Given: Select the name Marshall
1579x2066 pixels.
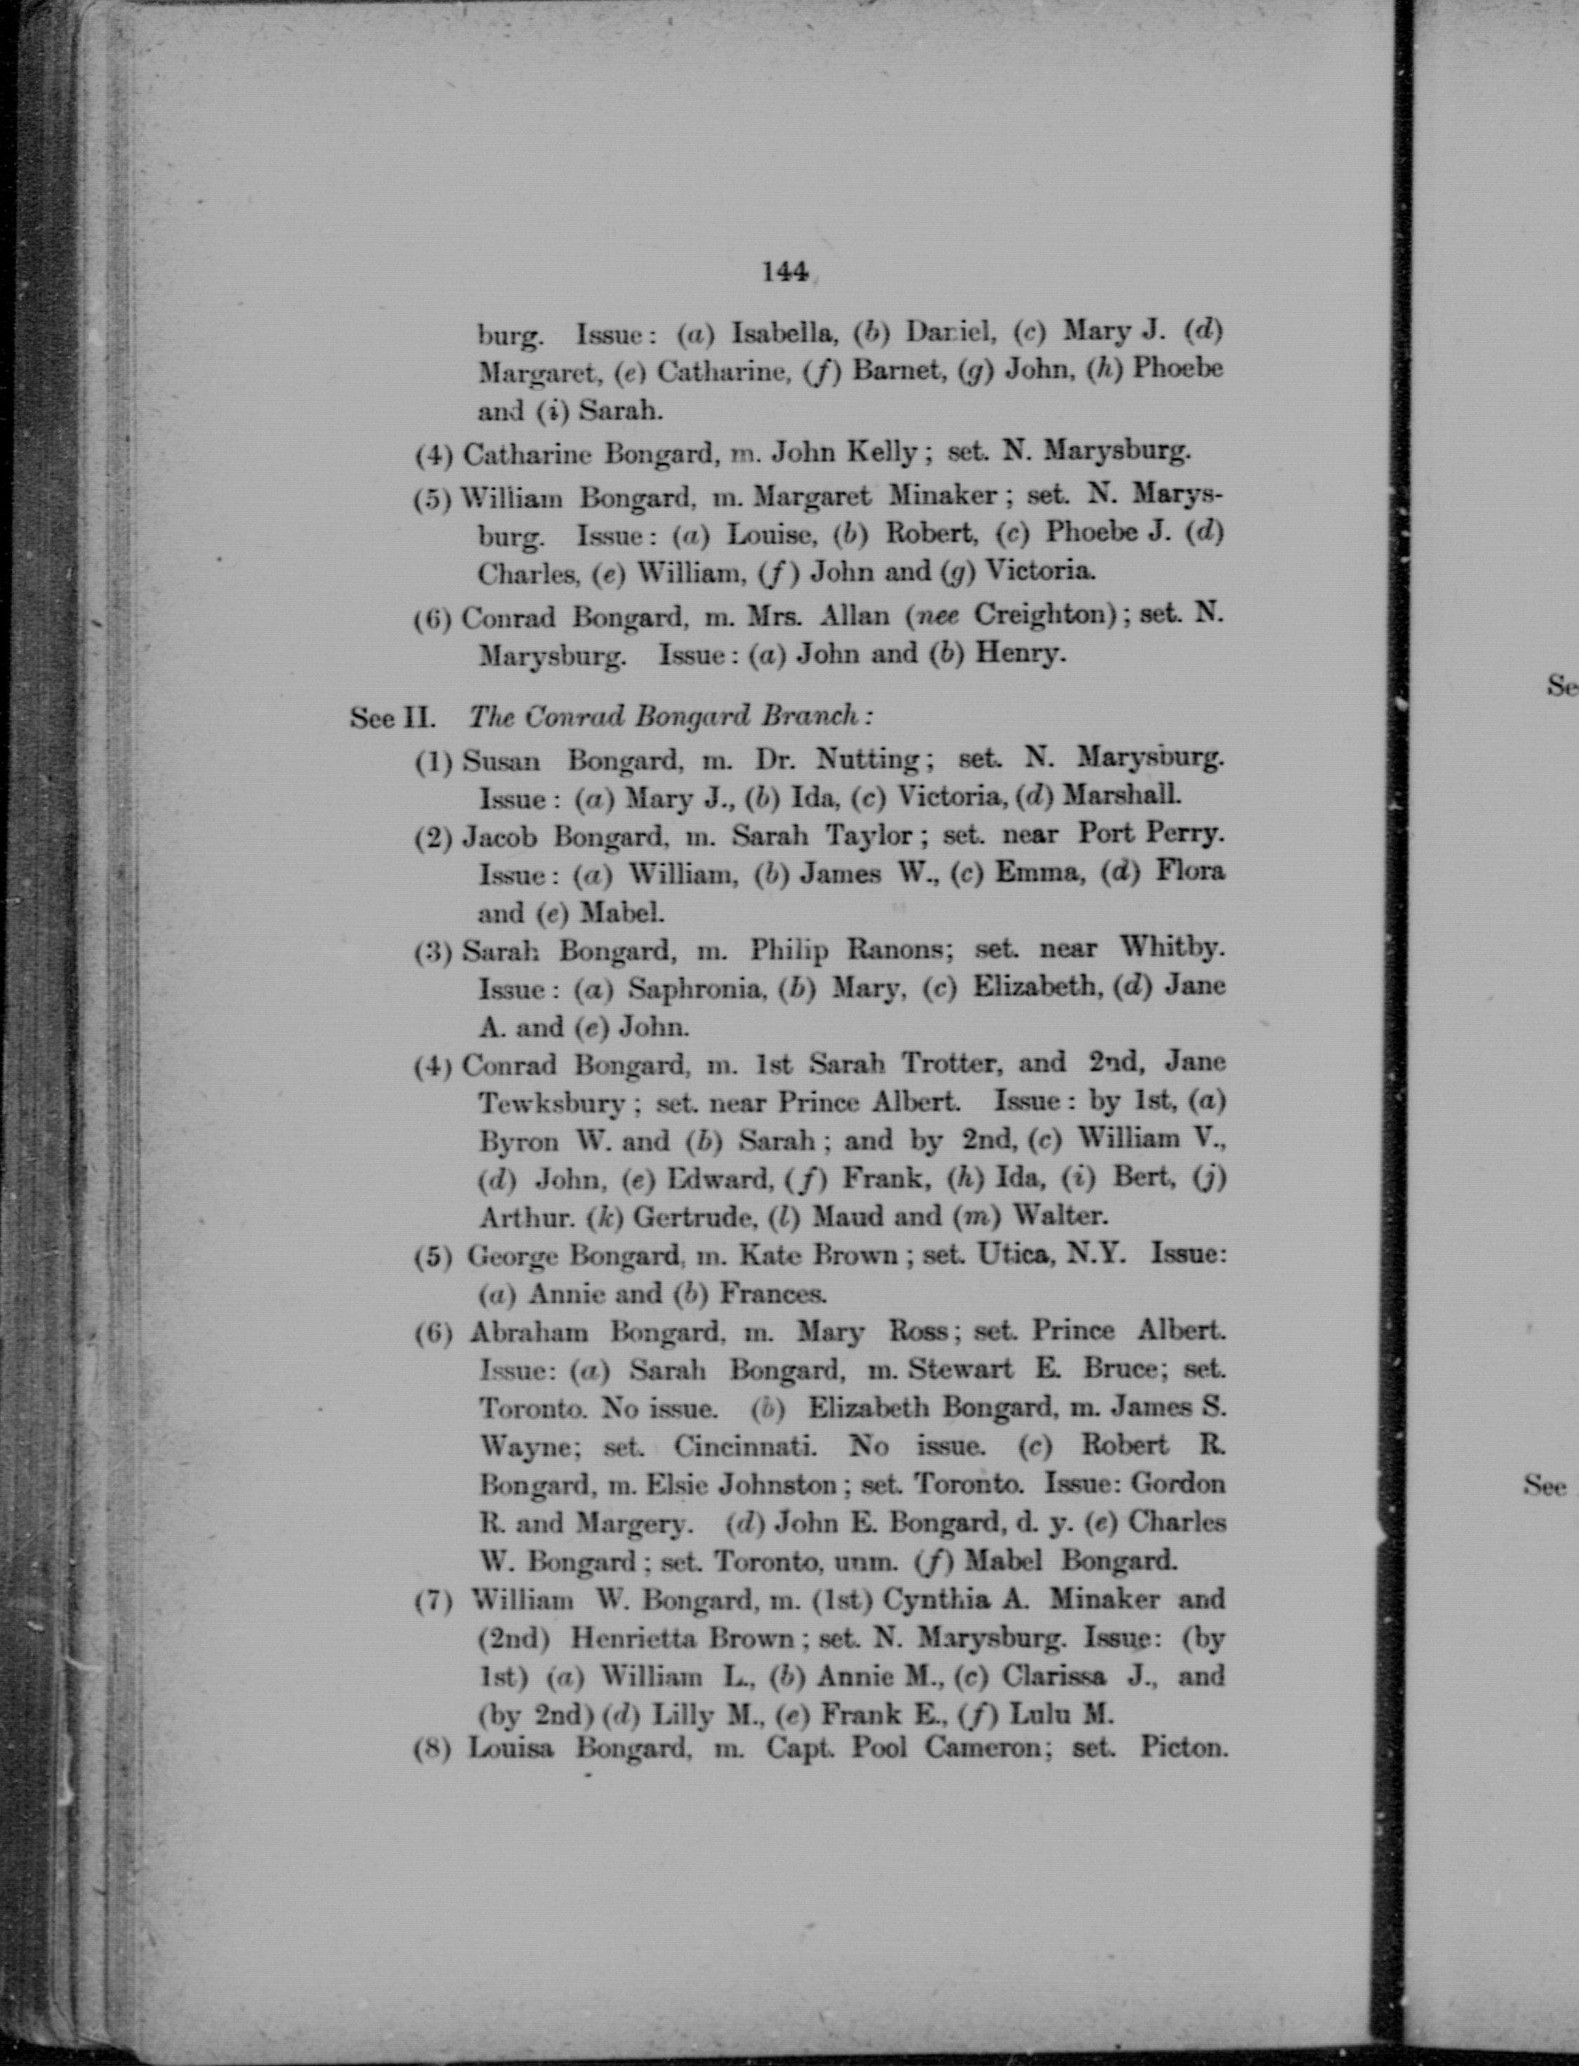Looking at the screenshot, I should (1122, 795).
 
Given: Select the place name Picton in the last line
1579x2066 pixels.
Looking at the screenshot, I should (1185, 1748).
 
